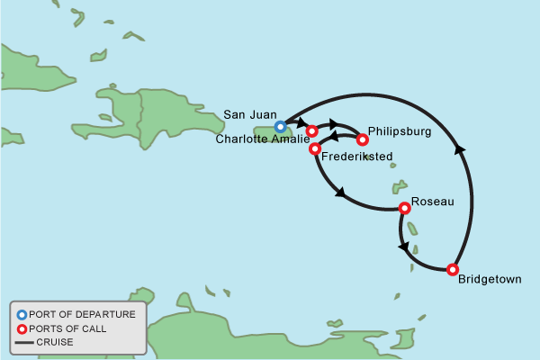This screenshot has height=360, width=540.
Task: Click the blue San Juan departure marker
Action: [x=281, y=127]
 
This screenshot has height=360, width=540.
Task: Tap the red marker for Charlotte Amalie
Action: [x=312, y=131]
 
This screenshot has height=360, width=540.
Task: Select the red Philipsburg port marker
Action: [x=363, y=139]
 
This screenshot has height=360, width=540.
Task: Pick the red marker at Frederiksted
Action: [x=315, y=148]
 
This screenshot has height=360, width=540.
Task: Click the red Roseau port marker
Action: [x=405, y=208]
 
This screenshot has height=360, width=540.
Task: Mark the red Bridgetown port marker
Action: [x=453, y=269]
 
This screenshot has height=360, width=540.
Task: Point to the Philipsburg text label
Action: [x=400, y=131]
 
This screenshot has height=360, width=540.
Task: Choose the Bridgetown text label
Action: [x=490, y=280]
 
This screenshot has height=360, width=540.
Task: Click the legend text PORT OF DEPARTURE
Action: [x=82, y=314]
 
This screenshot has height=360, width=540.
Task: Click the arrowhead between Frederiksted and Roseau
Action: [x=340, y=192]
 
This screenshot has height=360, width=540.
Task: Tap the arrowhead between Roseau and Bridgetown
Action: [x=403, y=247]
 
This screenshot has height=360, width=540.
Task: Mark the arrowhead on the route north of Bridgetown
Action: [x=461, y=150]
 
